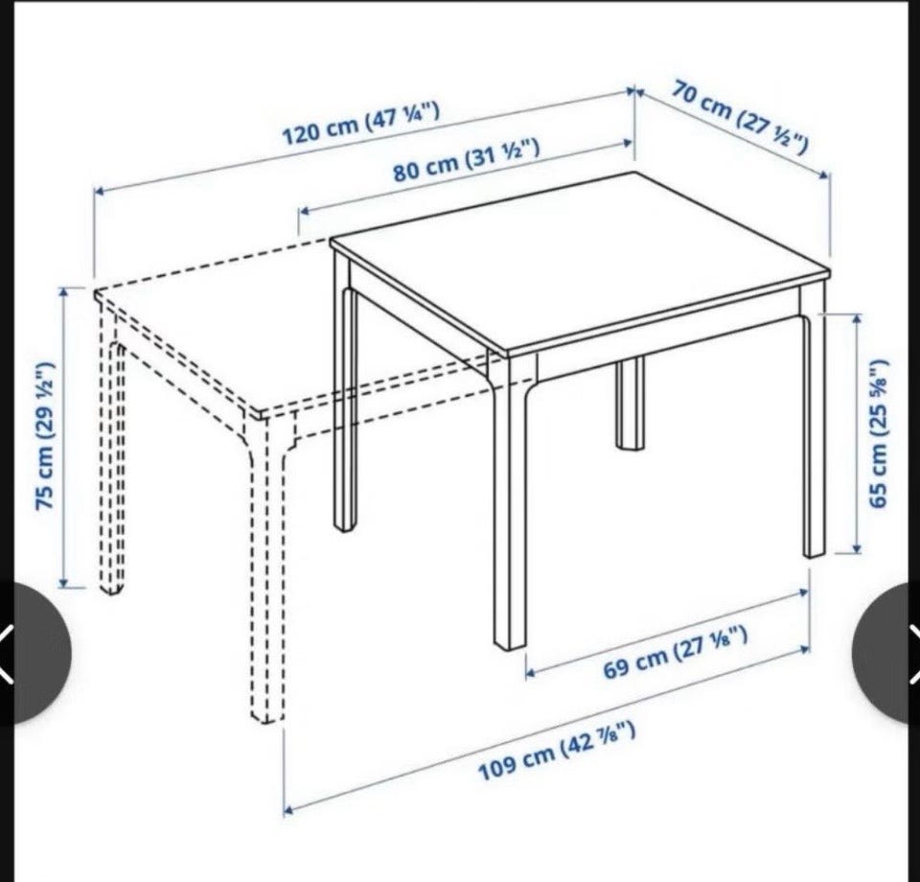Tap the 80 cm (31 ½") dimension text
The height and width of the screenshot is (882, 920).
[466, 159]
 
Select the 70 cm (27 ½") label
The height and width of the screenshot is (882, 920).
[740, 118]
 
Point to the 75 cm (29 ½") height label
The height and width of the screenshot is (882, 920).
[46, 436]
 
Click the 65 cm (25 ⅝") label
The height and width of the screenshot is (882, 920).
[880, 433]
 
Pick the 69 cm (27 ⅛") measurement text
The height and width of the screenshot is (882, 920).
[676, 652]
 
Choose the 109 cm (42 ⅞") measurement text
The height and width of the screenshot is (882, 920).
[557, 752]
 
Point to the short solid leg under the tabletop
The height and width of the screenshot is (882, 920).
[630, 404]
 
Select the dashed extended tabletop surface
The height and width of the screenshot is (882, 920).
[223, 329]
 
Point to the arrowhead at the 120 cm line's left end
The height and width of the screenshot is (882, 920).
[100, 190]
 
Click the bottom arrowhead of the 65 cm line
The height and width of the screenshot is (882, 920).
[857, 547]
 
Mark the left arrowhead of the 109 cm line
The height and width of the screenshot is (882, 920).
[288, 811]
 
